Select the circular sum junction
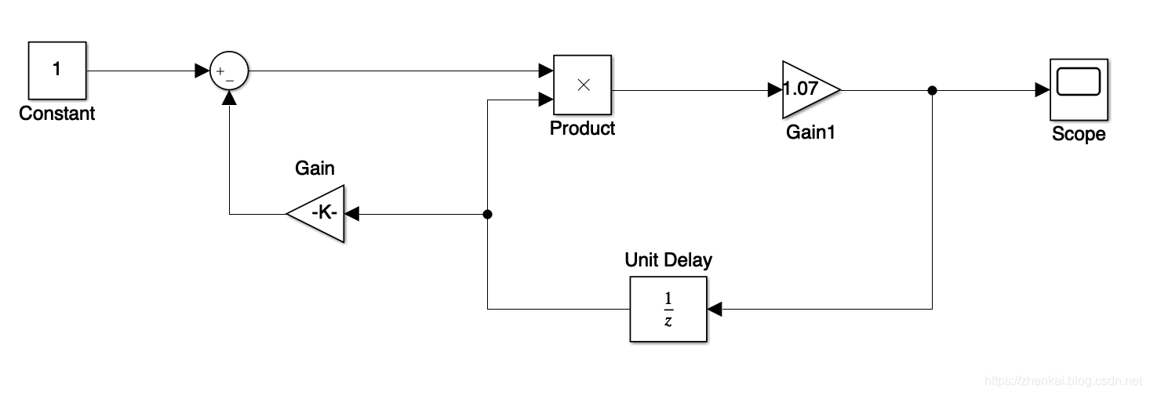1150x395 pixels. point(229,72)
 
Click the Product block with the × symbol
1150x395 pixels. point(583,85)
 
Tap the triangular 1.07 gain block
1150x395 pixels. point(808,89)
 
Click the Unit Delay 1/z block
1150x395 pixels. point(668,310)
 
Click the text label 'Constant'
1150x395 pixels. point(57,114)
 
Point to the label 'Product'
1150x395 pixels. point(583,129)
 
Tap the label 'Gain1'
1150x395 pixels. point(810,133)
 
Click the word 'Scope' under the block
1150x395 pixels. point(1078,134)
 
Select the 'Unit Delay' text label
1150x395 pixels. point(668,260)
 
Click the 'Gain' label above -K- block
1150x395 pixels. point(315,168)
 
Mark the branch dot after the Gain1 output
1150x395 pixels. point(932,91)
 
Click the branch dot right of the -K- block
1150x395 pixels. point(487,214)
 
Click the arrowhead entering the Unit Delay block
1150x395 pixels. point(714,310)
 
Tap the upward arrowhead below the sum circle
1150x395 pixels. point(229,97)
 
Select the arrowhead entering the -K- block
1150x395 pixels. point(351,214)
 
